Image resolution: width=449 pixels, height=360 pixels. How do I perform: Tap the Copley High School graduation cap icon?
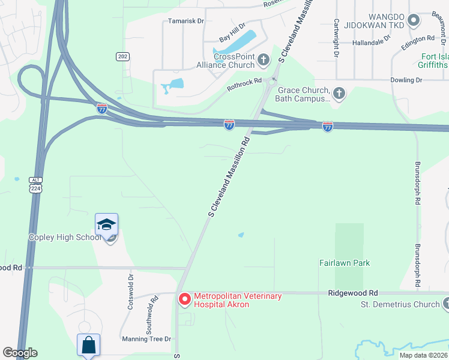tap(106, 225)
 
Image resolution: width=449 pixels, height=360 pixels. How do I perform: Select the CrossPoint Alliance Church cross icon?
tap(262, 59)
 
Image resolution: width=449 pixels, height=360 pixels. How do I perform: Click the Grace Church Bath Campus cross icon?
tap(339, 93)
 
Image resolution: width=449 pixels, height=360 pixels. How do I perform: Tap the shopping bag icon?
tap(88, 345)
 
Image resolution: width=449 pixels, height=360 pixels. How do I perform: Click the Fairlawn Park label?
tap(345, 263)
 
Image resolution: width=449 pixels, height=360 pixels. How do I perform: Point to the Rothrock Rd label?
tap(244, 85)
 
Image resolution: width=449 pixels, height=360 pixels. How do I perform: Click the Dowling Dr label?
tap(406, 80)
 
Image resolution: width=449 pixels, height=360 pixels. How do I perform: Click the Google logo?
tap(20, 353)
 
